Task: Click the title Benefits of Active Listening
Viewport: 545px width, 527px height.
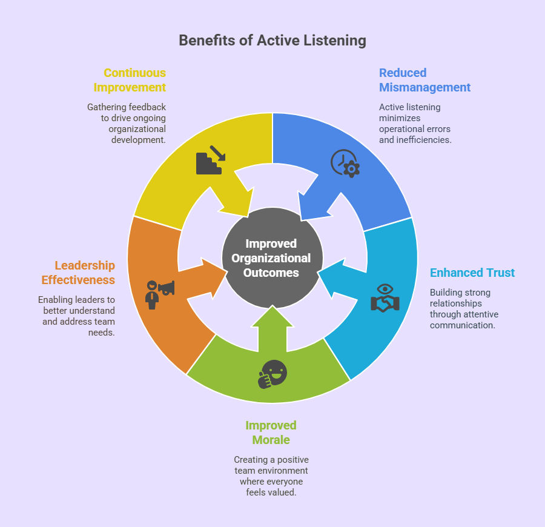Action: tap(272, 41)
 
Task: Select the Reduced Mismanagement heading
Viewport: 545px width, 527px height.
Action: tap(424, 80)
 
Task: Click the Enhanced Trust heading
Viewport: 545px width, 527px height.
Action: tap(472, 273)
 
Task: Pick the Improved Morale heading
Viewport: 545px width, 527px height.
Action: tap(271, 433)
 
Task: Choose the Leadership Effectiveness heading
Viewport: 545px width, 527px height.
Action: tap(78, 273)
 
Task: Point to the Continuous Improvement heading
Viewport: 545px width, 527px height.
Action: tap(130, 80)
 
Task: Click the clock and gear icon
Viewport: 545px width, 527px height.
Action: tap(345, 162)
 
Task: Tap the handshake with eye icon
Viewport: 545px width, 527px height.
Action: tap(385, 297)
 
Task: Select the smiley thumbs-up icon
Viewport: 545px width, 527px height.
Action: tap(272, 374)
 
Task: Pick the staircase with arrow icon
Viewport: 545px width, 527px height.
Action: tap(210, 160)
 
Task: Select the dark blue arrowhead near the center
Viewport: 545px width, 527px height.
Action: tap(312, 207)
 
